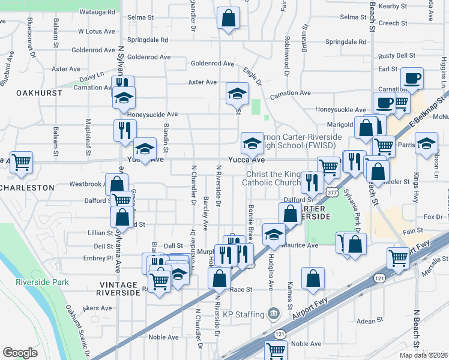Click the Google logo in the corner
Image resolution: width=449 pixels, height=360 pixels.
tap(20, 353)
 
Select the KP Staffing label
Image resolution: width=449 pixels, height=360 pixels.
tap(243, 314)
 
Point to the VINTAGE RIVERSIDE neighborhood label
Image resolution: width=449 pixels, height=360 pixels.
tap(117, 289)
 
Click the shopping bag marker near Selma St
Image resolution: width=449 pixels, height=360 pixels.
tap(228, 19)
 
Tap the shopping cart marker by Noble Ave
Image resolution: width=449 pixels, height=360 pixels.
tap(276, 350)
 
